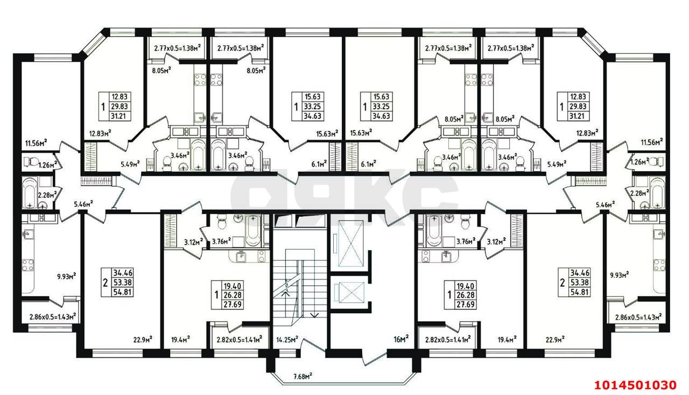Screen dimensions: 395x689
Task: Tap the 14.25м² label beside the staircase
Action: pos(287,340)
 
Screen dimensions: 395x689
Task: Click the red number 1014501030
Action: pos(635,385)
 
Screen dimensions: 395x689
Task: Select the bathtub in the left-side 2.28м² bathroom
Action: pos(30,191)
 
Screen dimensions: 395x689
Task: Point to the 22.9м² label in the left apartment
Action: pos(143,339)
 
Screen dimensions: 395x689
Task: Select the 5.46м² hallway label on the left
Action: pos(83,204)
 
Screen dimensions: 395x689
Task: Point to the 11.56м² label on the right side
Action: pos(651,142)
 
